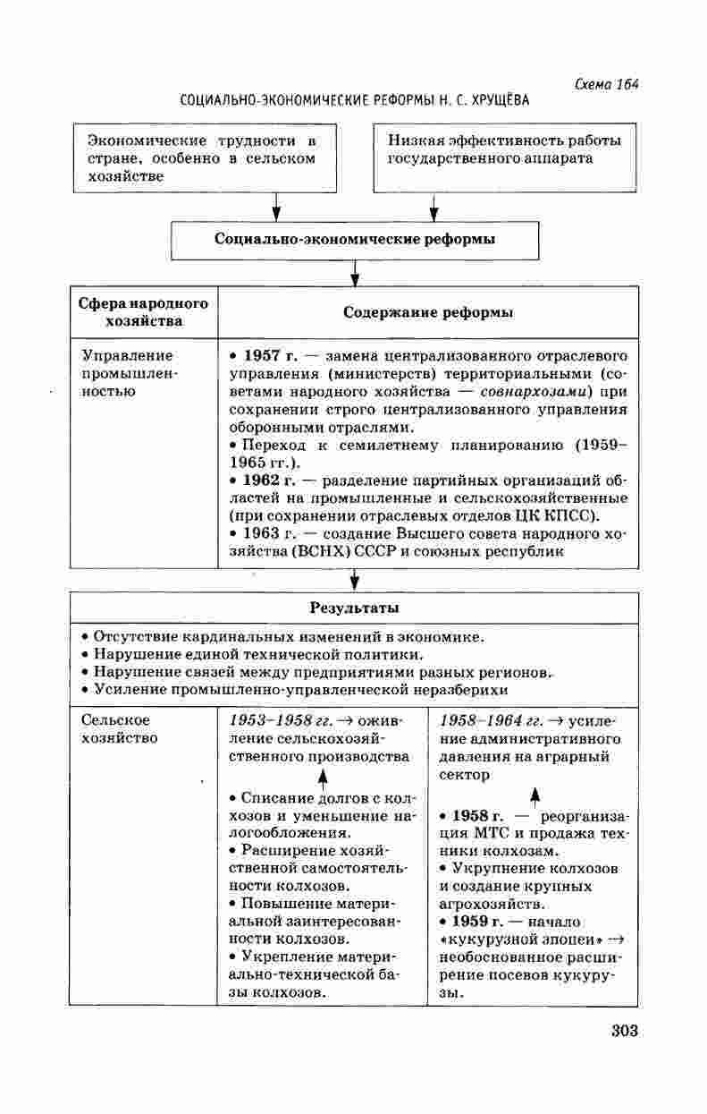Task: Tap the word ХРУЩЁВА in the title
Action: (498, 100)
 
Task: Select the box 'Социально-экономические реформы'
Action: (355, 240)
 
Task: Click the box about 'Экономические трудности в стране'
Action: (205, 158)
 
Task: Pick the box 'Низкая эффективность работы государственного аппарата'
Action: (504, 158)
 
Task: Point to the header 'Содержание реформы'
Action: (428, 312)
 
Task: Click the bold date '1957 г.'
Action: (265, 355)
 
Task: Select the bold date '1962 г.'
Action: (265, 480)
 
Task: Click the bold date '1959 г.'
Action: (478, 922)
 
